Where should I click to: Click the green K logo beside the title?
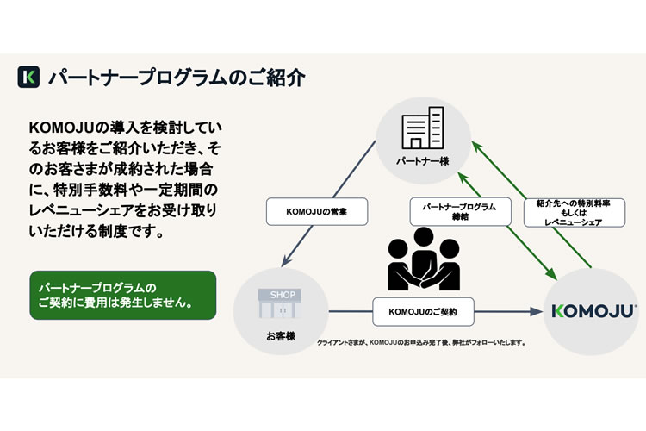(28, 76)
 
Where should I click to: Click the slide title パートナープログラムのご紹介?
(176, 76)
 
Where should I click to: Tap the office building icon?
(424, 129)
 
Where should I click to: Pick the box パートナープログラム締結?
(454, 212)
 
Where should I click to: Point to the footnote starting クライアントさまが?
(422, 342)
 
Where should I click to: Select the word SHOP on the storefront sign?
(283, 292)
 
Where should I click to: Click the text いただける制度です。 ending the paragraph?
(95, 233)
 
